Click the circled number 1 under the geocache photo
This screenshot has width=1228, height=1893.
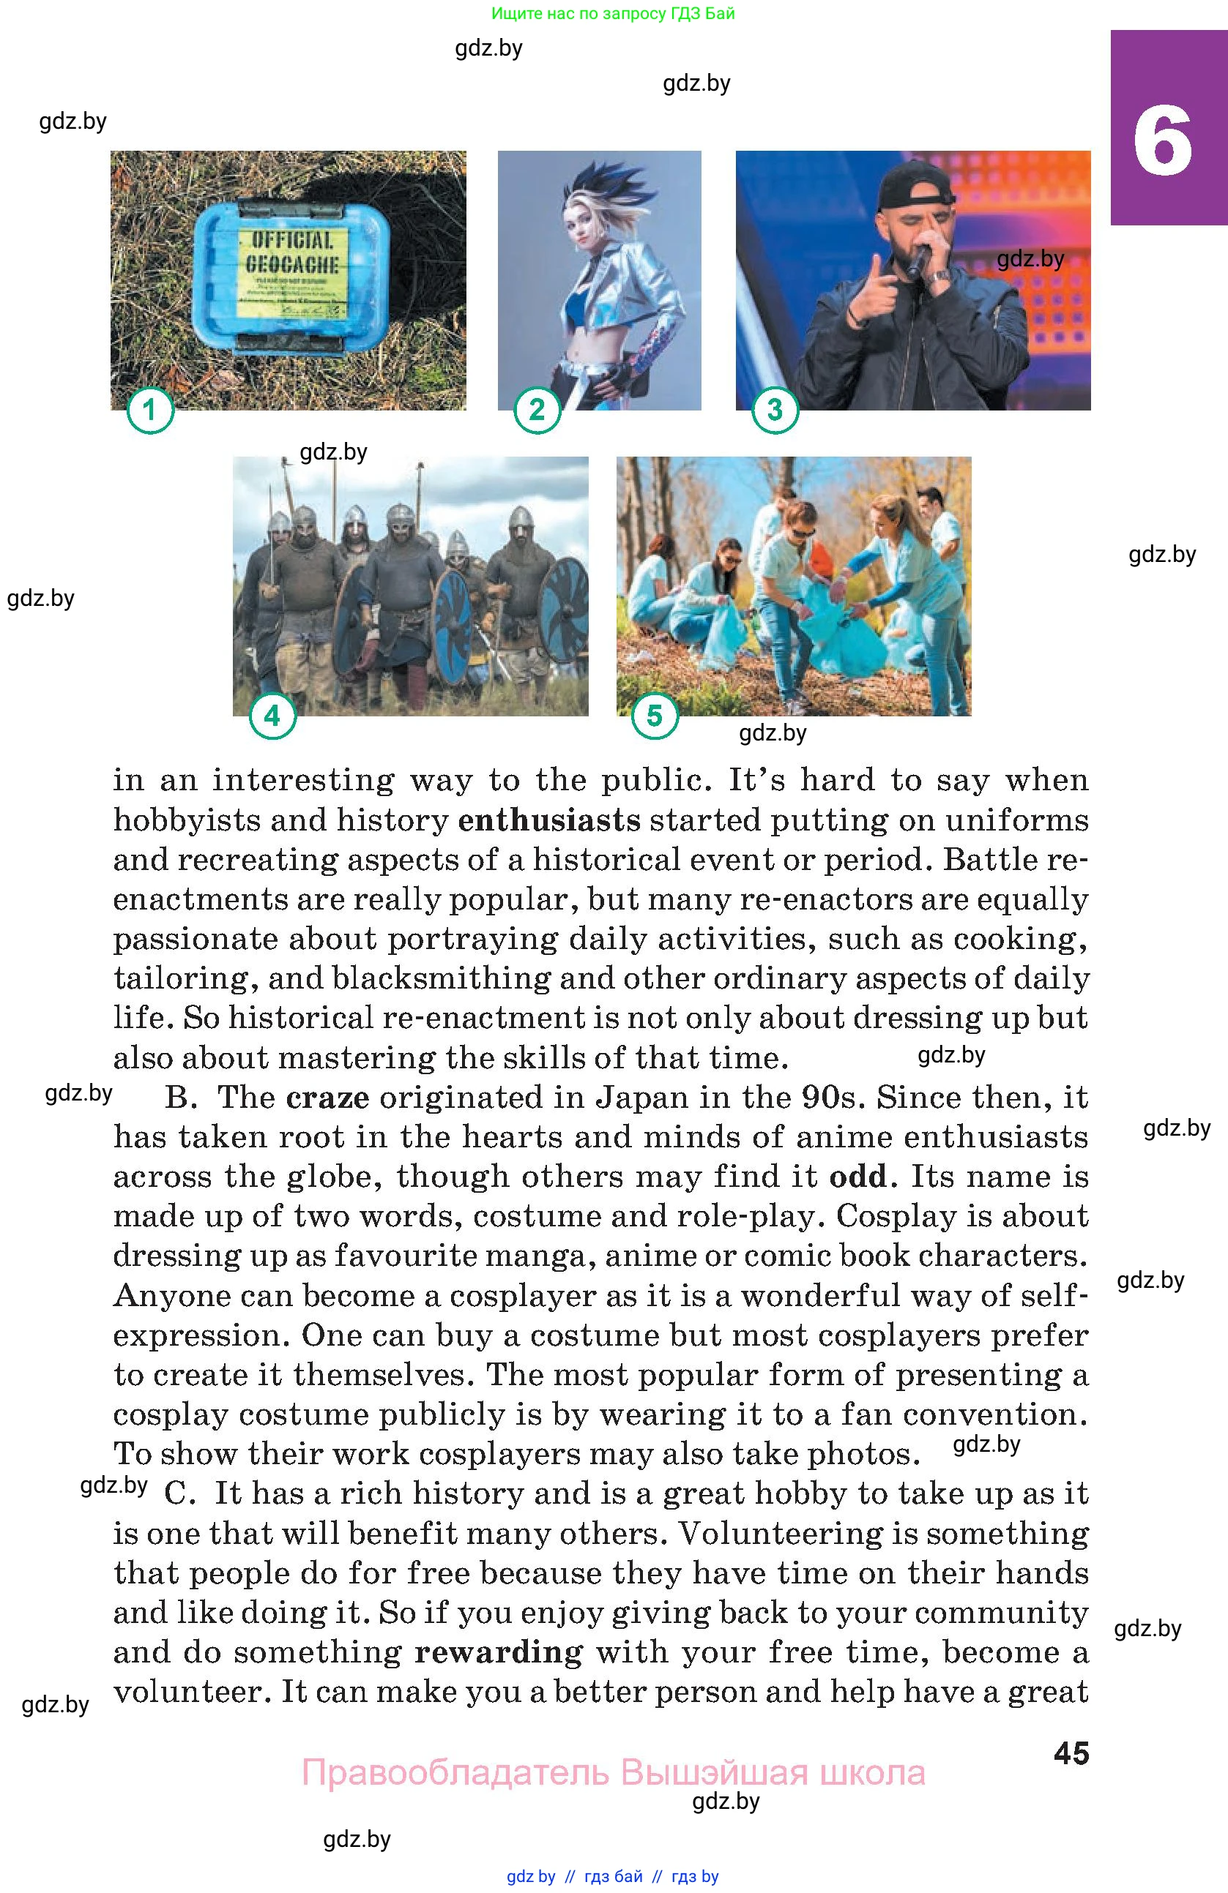149,411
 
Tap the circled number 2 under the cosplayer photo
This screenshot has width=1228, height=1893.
537,411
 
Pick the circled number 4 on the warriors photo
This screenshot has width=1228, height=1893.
272,716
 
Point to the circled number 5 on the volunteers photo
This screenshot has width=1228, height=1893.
654,716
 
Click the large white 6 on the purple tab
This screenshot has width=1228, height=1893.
1163,143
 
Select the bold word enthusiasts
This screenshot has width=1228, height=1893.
549,820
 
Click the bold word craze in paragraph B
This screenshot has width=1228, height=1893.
327,1098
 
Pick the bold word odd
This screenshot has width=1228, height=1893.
857,1177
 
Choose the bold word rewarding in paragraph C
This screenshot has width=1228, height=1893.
498,1652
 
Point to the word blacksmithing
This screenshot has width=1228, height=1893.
441,978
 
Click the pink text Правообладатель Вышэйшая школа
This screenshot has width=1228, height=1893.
613,1773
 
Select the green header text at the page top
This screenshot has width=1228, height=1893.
613,13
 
